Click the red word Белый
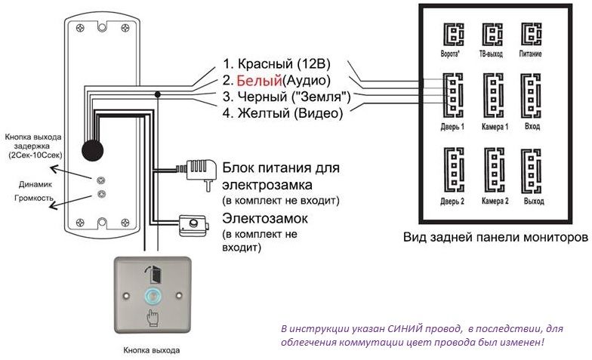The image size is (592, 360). tap(259, 80)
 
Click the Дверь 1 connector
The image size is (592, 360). tap(452, 94)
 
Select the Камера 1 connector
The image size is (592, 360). tap(495, 94)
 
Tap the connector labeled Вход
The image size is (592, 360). tap(533, 94)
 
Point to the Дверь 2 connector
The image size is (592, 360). tap(452, 171)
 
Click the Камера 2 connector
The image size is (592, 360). tap(495, 171)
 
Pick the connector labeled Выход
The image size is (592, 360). tap(533, 171)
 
